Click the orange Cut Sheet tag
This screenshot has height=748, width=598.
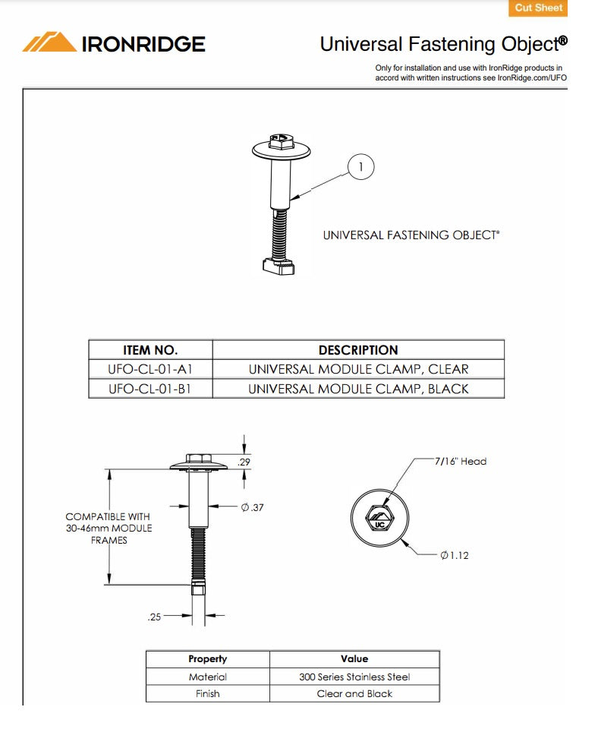(538, 8)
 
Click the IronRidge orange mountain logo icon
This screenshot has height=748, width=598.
(49, 43)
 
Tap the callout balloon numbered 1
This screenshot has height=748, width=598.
(361, 166)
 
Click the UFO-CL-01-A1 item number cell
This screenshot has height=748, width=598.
(150, 369)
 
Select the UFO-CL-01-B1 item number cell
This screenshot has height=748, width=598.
(150, 389)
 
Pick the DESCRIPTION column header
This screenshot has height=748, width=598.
(358, 350)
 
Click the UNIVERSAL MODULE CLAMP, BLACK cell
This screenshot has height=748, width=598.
(358, 389)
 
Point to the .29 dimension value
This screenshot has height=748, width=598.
(244, 462)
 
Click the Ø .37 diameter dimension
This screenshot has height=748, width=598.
(252, 507)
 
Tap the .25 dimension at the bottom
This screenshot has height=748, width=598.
(154, 617)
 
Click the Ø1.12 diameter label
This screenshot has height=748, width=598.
(455, 555)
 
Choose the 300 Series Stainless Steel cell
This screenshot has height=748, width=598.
(354, 677)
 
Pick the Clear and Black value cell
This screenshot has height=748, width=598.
(354, 693)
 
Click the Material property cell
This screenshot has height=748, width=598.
(207, 677)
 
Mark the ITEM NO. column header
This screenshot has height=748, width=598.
(150, 350)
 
